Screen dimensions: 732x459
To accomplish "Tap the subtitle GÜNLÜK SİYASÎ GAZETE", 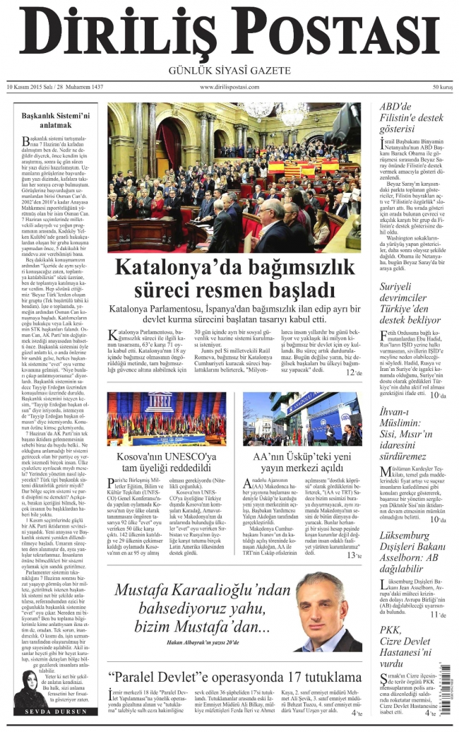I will point(229,71).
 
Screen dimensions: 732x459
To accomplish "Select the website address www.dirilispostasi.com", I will point(230,87).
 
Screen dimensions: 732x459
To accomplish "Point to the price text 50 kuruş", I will point(442,87).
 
